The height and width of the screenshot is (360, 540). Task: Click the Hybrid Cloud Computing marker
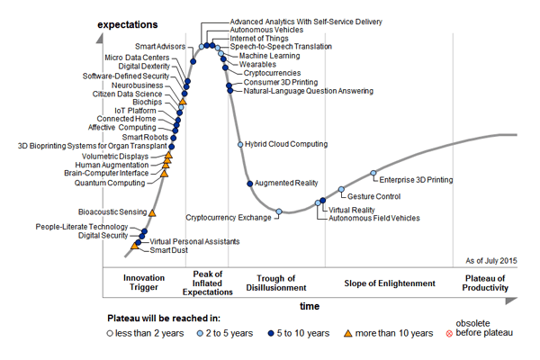coord(239,144)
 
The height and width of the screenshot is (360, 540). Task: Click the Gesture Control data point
coord(341,189)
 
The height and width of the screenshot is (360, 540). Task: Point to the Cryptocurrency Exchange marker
coord(279,211)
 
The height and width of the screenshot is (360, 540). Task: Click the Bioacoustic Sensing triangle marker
coord(152,212)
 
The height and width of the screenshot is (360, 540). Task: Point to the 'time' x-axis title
coord(310,307)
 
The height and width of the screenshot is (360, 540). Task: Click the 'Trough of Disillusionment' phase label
coord(277,283)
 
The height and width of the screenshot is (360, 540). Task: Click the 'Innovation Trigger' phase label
coord(144,283)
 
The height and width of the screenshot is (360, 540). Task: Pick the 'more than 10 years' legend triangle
coord(347,334)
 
